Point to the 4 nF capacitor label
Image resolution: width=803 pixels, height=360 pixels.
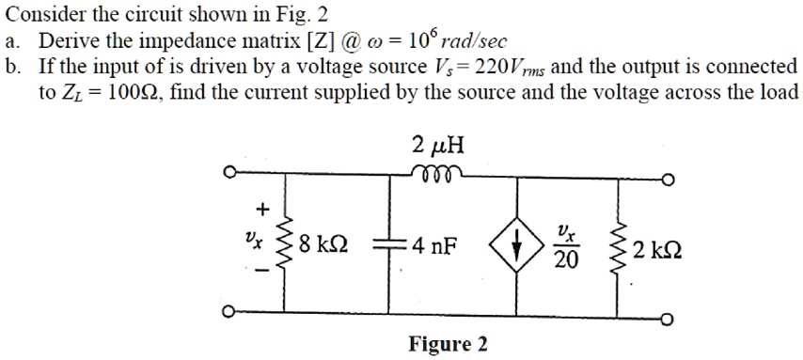click(433, 248)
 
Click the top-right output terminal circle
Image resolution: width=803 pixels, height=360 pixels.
click(668, 181)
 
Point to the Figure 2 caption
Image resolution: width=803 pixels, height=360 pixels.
click(448, 344)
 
